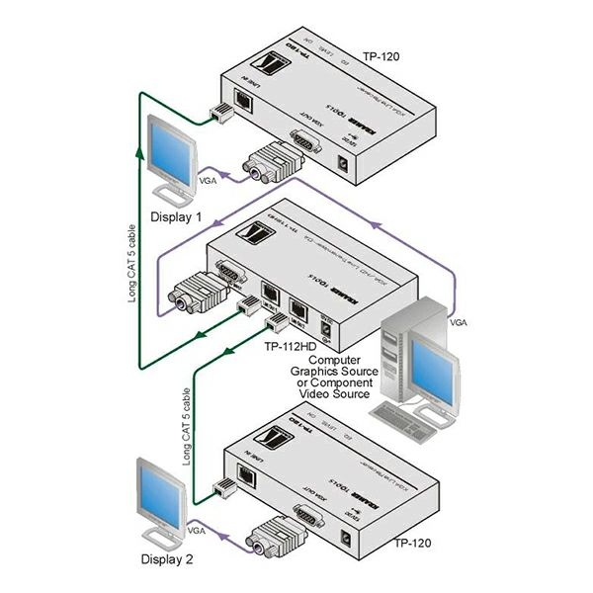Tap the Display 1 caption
(x=175, y=216)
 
